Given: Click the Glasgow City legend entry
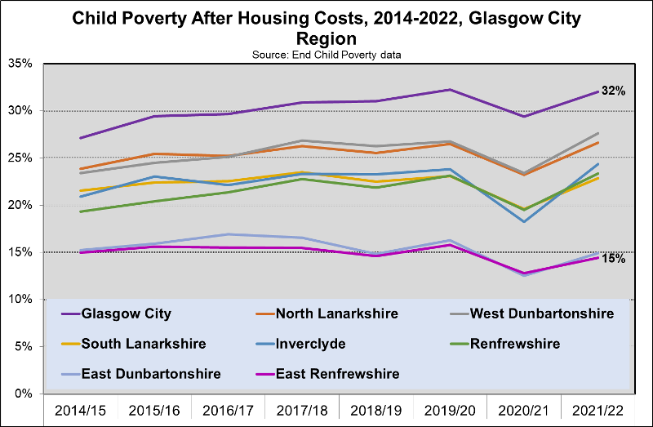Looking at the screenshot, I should pos(127,314).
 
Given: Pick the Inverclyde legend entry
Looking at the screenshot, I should pos(310,344).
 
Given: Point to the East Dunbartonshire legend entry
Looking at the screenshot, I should pos(140,374).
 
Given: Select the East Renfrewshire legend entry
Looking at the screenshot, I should pos(337,374).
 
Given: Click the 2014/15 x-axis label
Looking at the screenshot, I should pos(81,408).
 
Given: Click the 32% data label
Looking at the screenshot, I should pos(615,91).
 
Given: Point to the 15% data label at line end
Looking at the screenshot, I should pos(615,259).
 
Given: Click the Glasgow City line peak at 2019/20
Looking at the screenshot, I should pos(450,90).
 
